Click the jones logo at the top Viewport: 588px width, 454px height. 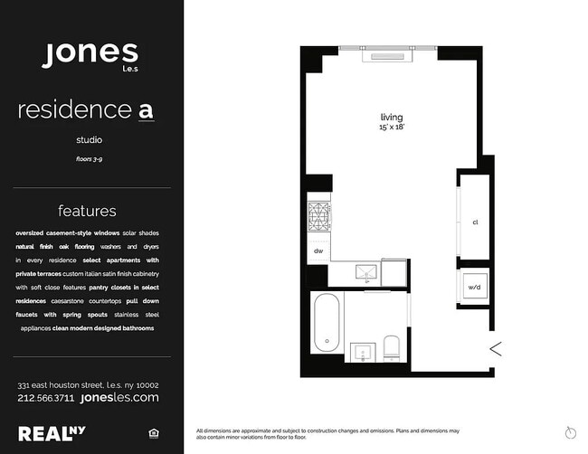pyautogui.click(x=90, y=55)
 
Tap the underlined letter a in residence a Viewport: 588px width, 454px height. pyautogui.click(x=146, y=110)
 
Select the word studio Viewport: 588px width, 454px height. pyautogui.click(x=90, y=140)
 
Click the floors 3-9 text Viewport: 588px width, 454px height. pyautogui.click(x=90, y=159)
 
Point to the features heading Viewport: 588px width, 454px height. pyautogui.click(x=87, y=211)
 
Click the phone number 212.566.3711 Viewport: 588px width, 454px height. pyautogui.click(x=46, y=398)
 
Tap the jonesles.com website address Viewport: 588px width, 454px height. pyautogui.click(x=119, y=397)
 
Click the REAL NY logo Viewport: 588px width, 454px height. pyautogui.click(x=52, y=434)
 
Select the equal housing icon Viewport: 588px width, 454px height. pyautogui.click(x=154, y=434)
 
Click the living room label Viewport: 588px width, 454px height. pyautogui.click(x=392, y=118)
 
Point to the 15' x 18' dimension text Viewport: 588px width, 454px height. pyautogui.click(x=392, y=128)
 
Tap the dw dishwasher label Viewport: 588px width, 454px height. pyautogui.click(x=318, y=251)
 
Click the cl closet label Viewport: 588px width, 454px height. pyautogui.click(x=475, y=222)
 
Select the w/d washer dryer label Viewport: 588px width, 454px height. pyautogui.click(x=474, y=288)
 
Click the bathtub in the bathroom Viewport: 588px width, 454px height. pyautogui.click(x=327, y=322)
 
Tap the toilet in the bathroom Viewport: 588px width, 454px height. pyautogui.click(x=392, y=348)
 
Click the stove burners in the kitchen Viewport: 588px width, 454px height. pyautogui.click(x=318, y=216)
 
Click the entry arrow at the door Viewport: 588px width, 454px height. pyautogui.click(x=496, y=349)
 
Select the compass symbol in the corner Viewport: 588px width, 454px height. pyautogui.click(x=571, y=432)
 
